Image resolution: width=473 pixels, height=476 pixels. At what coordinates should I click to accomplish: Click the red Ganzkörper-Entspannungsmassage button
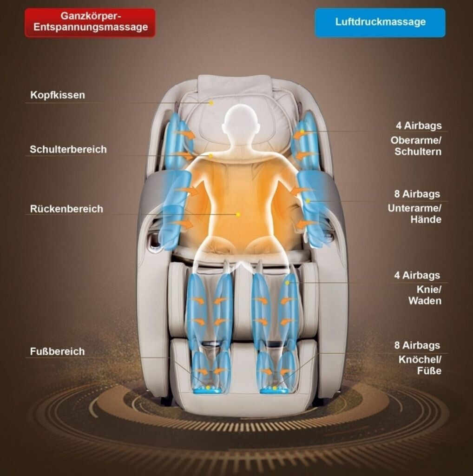tap(90, 22)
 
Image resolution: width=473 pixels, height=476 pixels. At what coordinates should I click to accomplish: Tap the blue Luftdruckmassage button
tap(380, 22)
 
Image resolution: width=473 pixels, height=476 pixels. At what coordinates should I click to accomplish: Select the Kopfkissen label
tap(58, 95)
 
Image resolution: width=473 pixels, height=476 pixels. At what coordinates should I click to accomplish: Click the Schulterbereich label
tap(68, 149)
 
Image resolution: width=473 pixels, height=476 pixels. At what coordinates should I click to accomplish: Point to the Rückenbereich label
tap(66, 209)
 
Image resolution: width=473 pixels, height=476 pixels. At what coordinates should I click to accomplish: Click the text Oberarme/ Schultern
tap(416, 146)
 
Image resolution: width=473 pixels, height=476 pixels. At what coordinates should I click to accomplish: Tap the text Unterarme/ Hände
tap(414, 214)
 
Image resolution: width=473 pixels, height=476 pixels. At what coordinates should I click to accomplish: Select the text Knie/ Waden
tap(425, 295)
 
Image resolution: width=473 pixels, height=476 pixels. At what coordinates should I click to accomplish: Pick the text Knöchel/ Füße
tap(420, 365)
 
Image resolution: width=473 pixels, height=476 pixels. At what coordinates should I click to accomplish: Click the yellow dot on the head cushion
tap(211, 103)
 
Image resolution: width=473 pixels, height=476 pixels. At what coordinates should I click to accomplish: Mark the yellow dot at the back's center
tap(238, 214)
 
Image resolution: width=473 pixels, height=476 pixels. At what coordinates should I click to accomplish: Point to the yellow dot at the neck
tap(211, 156)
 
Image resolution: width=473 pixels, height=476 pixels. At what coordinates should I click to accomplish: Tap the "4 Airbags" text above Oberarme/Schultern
tap(418, 126)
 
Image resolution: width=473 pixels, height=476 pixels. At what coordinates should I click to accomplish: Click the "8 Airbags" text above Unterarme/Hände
tap(417, 194)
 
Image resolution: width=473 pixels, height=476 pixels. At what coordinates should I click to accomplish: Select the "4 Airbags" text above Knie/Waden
tap(417, 275)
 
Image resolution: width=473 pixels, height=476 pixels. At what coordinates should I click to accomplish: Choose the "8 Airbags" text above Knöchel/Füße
tap(417, 345)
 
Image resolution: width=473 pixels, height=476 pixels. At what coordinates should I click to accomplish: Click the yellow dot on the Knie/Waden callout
tap(287, 282)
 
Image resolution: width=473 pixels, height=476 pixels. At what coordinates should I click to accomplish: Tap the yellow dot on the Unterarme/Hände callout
tap(308, 201)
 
